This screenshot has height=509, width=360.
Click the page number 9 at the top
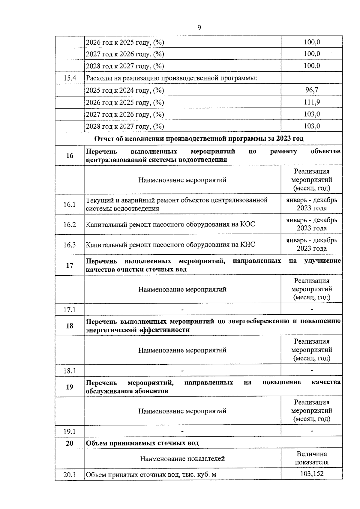click(x=199, y=28)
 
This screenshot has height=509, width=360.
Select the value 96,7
click(x=312, y=90)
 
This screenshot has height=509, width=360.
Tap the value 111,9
click(x=312, y=102)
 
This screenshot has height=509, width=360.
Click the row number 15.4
click(x=70, y=78)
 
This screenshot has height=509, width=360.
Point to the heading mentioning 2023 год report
click(x=199, y=139)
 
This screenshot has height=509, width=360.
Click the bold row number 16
click(x=70, y=156)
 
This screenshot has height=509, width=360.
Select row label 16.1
click(x=70, y=205)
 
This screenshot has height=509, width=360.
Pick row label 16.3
click(x=70, y=245)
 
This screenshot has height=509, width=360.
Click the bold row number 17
click(x=70, y=265)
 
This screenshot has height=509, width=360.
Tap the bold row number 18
click(x=70, y=326)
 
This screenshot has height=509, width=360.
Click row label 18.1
click(x=70, y=371)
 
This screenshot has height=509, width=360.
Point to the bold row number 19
click(x=70, y=387)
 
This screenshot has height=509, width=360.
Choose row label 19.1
click(x=70, y=432)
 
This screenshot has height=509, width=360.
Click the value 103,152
click(x=312, y=474)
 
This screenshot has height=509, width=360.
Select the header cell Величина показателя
click(x=312, y=458)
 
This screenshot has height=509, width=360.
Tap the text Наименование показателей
click(x=182, y=459)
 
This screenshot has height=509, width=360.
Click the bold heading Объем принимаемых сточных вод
click(x=142, y=443)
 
